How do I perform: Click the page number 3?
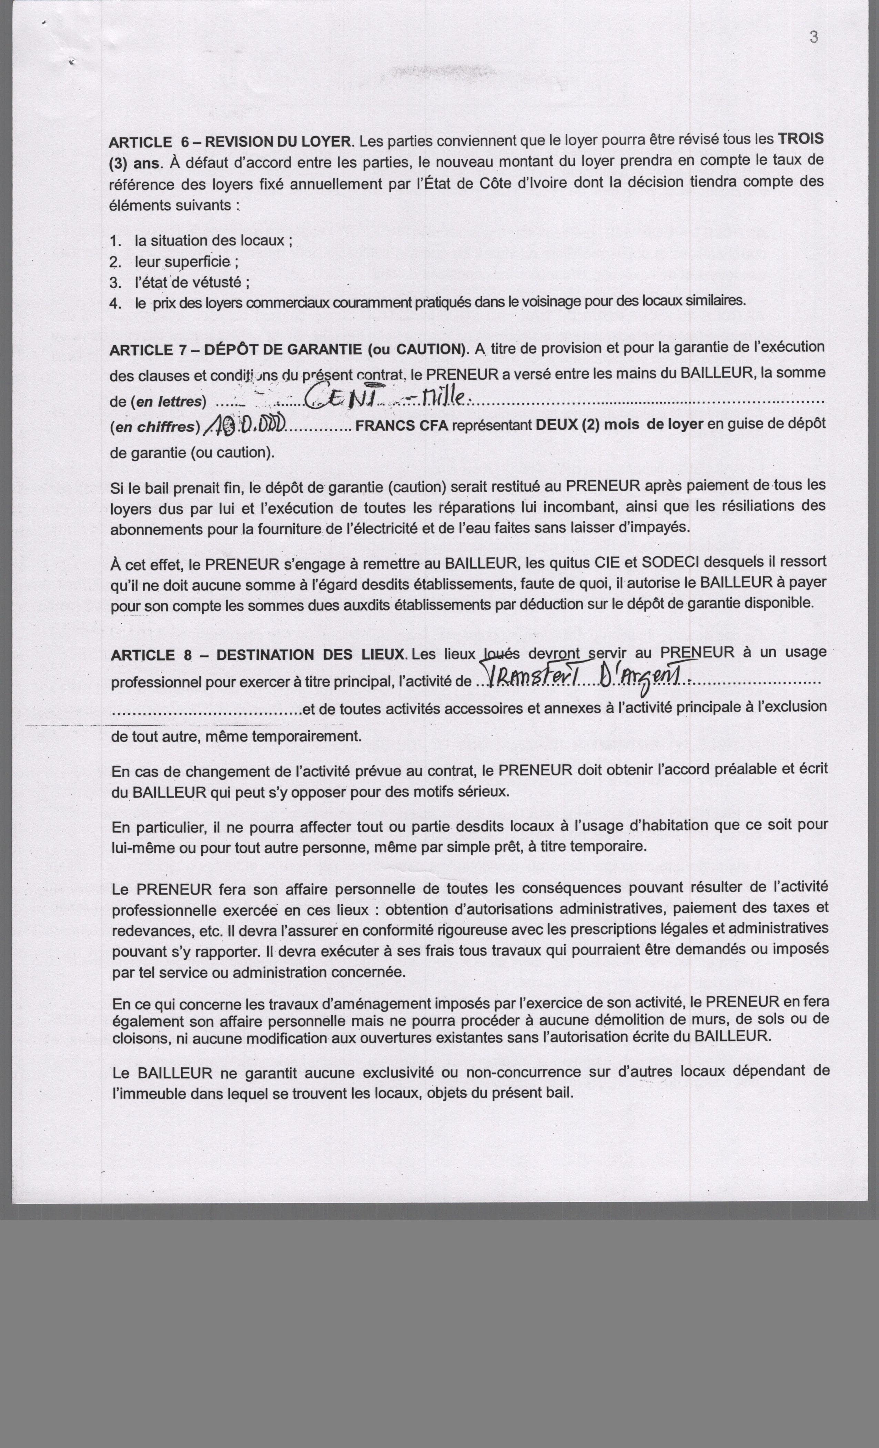814,37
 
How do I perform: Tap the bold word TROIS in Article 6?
800,139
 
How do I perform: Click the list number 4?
115,303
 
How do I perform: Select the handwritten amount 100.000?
244,424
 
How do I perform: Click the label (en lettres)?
168,402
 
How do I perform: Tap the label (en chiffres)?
154,427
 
